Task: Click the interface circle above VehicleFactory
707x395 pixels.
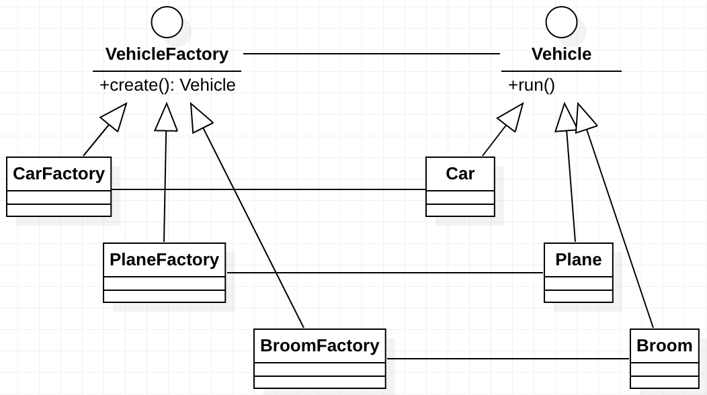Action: [x=167, y=22]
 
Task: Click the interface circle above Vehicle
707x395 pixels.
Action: [x=561, y=22]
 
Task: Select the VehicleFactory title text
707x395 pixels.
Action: [x=167, y=54]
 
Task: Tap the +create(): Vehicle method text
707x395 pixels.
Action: [x=167, y=85]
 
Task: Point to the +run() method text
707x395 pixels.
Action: [x=531, y=85]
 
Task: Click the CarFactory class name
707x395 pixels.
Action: [x=58, y=174]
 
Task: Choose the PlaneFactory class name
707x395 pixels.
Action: [x=164, y=260]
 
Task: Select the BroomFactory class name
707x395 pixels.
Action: [x=319, y=346]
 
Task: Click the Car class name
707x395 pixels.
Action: [x=460, y=174]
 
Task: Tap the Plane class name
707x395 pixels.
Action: [x=579, y=260]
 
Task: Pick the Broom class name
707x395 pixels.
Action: [x=664, y=346]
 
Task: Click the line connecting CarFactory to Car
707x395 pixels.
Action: [x=269, y=189]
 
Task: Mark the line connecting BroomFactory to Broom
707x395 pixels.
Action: [x=508, y=359]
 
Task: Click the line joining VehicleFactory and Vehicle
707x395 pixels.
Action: [x=371, y=53]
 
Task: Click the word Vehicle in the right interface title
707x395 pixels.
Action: [x=561, y=54]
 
